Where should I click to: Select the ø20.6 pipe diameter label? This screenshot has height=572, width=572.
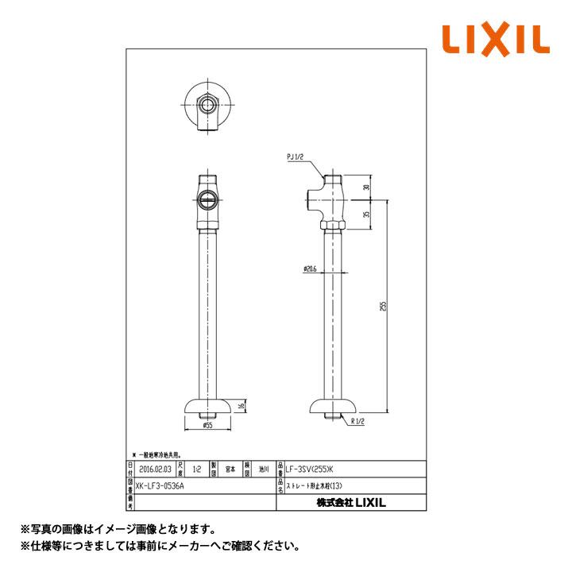(311, 269)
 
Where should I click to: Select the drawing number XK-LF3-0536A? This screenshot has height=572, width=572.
(160, 481)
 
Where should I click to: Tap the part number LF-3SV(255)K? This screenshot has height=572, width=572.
(303, 470)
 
